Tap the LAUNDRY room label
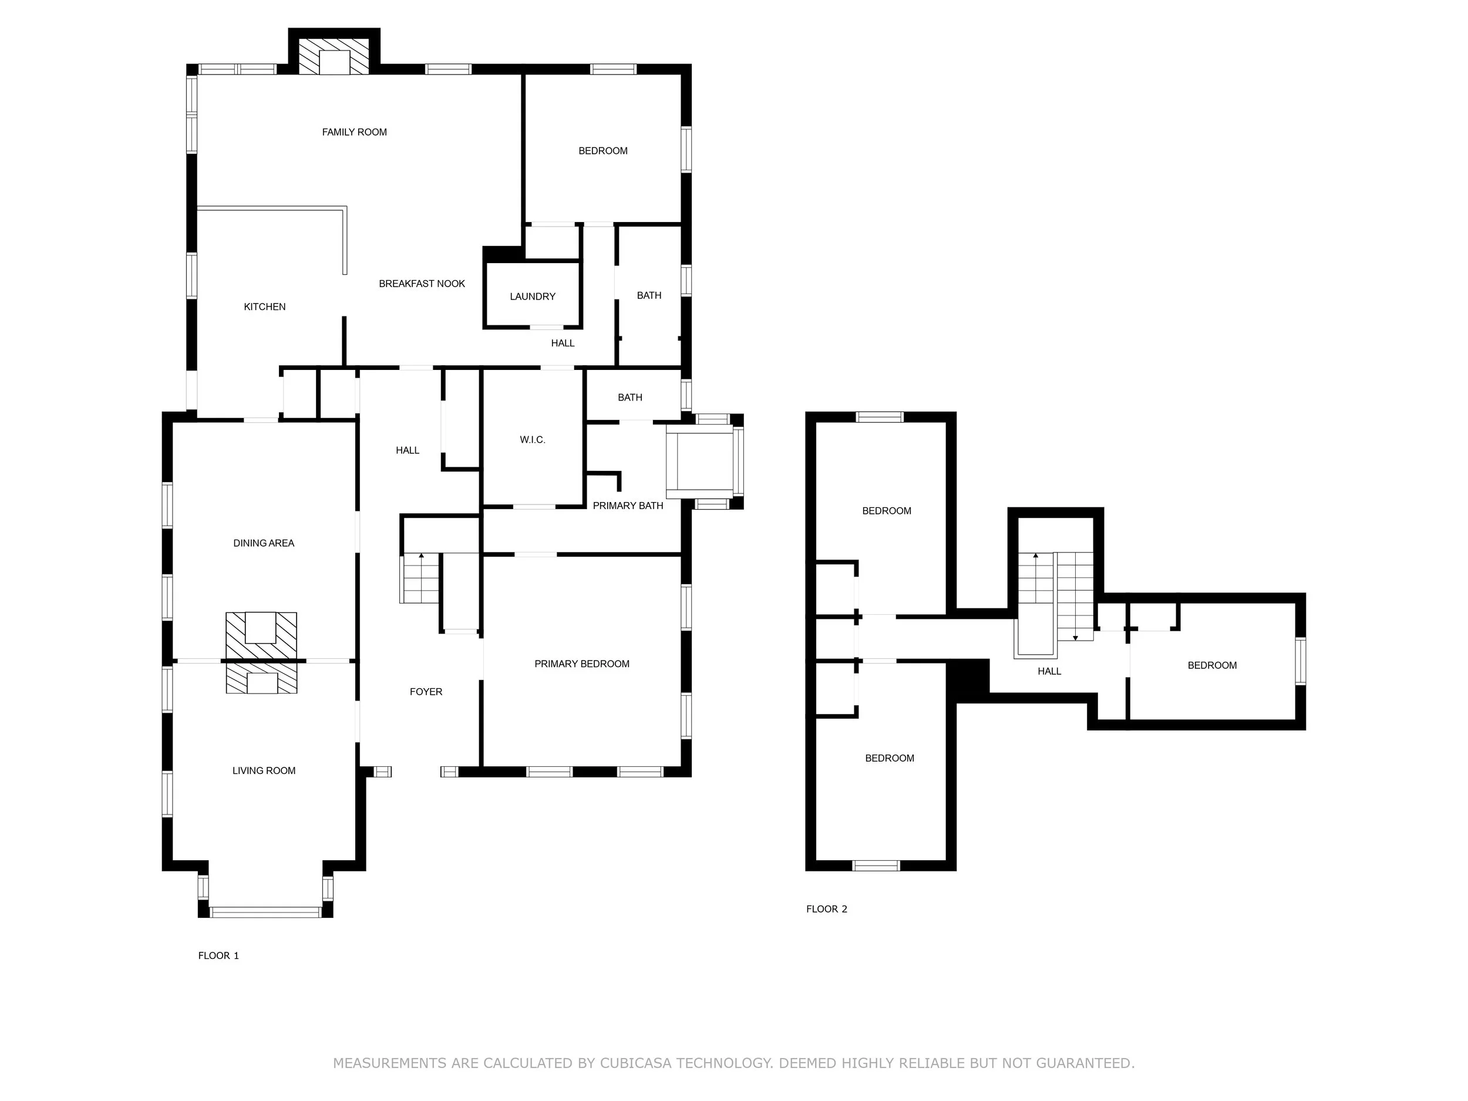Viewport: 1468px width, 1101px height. (532, 297)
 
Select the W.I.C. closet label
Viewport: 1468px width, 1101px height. (532, 439)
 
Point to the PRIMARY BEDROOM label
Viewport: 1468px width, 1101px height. (581, 664)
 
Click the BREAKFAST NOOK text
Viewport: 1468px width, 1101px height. (422, 284)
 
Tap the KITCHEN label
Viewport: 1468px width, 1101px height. (264, 307)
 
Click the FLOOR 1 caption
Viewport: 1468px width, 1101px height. (218, 955)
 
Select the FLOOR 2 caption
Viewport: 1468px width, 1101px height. (826, 909)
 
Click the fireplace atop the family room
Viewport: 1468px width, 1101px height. (334, 57)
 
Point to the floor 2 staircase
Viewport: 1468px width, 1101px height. (1055, 594)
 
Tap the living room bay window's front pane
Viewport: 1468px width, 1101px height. (265, 912)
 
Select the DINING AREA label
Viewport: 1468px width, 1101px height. (264, 543)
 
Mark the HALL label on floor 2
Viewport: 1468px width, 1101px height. (1049, 671)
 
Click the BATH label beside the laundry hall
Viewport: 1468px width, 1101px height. (648, 295)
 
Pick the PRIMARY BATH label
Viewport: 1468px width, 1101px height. (627, 506)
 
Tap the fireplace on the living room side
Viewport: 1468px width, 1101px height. (261, 680)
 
